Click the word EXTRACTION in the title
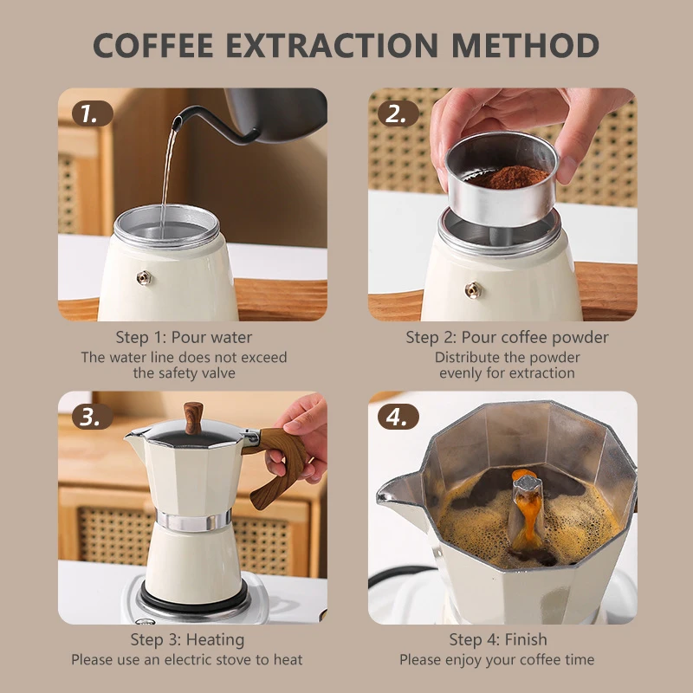click(x=332, y=45)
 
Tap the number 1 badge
click(x=92, y=113)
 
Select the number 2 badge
click(x=398, y=113)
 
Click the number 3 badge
click(x=92, y=417)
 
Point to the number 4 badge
click(x=398, y=417)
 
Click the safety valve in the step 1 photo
click(x=145, y=277)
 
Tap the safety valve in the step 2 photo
click(x=473, y=290)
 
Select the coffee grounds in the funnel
click(x=508, y=177)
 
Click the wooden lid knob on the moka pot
click(x=193, y=418)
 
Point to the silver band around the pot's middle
click(x=193, y=520)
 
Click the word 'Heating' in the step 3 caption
click(x=215, y=640)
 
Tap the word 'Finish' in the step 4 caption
click(x=526, y=639)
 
